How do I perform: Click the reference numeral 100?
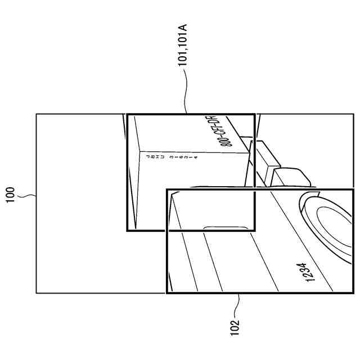point(11,196)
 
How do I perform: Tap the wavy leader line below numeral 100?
point(26,196)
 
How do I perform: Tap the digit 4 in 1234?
point(304,265)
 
